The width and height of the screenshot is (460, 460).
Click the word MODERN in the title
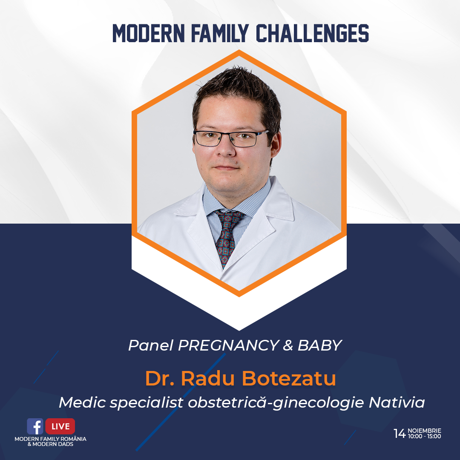(149, 33)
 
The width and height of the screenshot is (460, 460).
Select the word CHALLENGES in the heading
(313, 33)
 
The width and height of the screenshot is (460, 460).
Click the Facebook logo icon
(35, 426)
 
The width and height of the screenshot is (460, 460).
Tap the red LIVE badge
(60, 426)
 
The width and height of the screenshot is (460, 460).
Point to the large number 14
(400, 433)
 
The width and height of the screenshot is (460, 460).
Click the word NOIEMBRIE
(425, 431)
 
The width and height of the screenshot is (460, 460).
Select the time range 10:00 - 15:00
(425, 436)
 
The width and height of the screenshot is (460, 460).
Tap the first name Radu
(208, 378)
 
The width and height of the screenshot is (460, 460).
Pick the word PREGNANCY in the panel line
(229, 345)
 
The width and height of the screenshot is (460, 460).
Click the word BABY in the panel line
(320, 345)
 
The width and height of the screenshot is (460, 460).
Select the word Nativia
(397, 402)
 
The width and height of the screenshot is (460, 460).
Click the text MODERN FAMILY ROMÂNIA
(50, 439)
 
